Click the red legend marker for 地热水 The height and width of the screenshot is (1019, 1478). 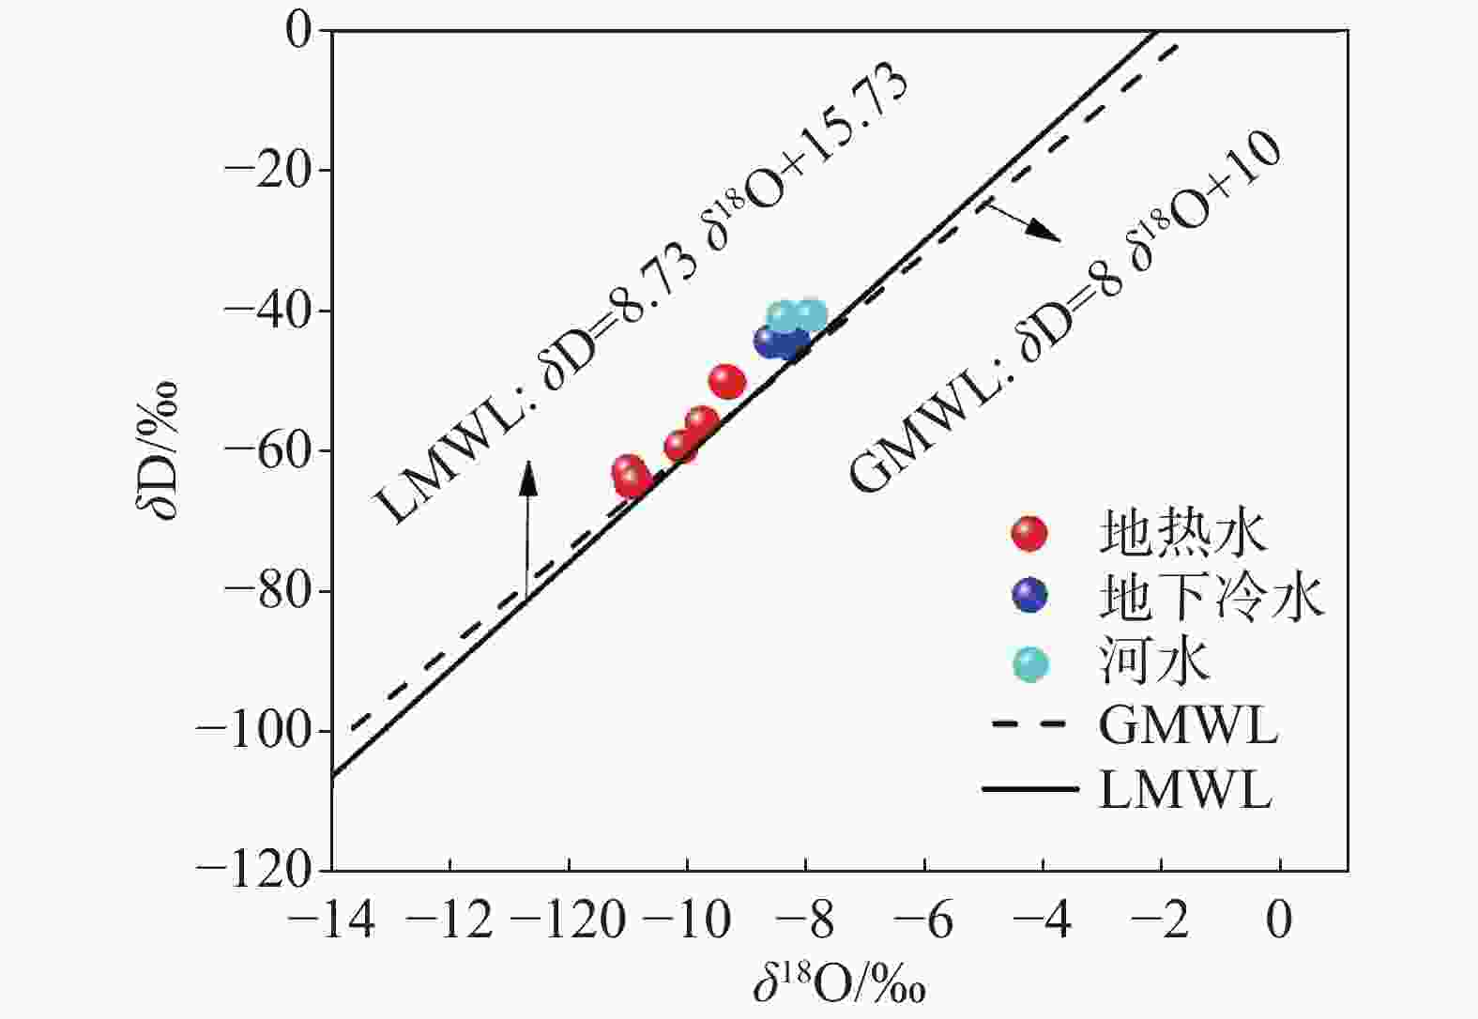click(1029, 534)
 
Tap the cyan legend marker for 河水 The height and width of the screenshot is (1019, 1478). click(1030, 664)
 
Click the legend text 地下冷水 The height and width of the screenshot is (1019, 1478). click(1211, 597)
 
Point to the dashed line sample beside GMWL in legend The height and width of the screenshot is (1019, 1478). click(1029, 724)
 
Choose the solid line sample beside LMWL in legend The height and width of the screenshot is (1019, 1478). click(1029, 788)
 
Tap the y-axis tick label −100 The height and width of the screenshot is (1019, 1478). click(252, 731)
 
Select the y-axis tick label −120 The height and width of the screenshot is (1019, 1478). click(252, 871)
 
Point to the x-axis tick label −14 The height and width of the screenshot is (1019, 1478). click(332, 921)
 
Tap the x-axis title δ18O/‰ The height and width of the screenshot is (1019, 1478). click(839, 985)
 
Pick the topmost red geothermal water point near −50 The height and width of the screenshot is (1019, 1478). click(726, 381)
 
